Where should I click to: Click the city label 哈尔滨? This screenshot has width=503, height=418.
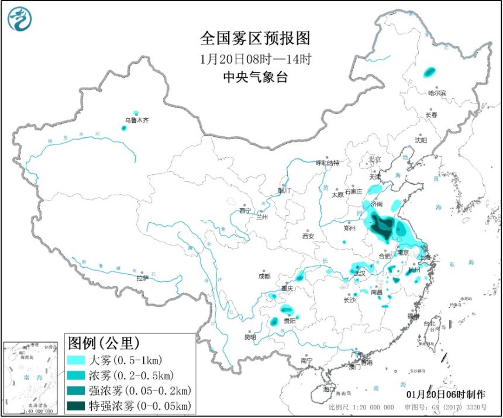(x=436, y=93)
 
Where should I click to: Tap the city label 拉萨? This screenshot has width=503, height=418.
(x=142, y=279)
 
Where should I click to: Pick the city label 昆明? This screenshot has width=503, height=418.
(x=250, y=337)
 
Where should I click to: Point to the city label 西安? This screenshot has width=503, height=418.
(x=308, y=236)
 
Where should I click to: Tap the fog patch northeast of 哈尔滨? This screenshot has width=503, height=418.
(x=430, y=72)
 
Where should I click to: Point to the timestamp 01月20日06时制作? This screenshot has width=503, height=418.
(x=445, y=395)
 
